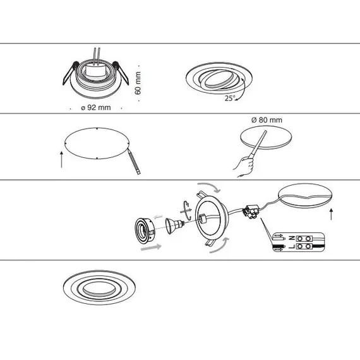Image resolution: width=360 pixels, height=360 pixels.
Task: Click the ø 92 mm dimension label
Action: coord(96,107)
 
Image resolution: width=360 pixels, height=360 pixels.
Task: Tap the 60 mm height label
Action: coord(138,83)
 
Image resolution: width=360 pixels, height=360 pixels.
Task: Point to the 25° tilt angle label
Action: coord(230,99)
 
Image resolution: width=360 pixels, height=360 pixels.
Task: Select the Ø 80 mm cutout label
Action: coord(267,120)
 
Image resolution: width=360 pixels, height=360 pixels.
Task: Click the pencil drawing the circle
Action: coord(135,162)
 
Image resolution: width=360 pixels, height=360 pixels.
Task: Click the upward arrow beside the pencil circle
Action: coord(61,159)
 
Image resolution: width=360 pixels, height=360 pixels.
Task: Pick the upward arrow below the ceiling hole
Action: coord(331,214)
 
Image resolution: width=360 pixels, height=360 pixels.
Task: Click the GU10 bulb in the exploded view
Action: coord(175,225)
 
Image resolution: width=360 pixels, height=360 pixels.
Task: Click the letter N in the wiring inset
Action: coord(292,238)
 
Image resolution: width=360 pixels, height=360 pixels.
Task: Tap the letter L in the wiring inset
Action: coord(292,246)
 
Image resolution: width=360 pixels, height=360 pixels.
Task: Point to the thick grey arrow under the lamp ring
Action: coord(151,248)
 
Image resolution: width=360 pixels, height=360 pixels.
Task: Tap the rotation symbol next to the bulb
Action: coord(186,210)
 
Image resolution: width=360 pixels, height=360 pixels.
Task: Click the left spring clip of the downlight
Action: coord(70,73)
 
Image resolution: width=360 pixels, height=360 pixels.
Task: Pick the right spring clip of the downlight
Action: coord(121,73)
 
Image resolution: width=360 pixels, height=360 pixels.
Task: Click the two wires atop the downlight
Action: coord(97,56)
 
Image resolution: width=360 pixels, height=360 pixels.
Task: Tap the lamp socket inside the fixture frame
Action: coord(203,218)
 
